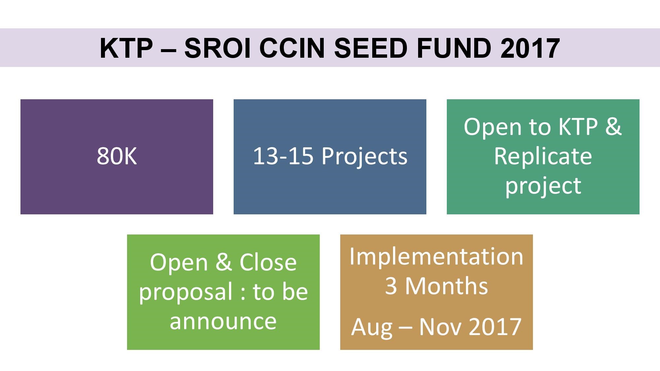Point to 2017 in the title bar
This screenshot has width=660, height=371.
pos(530,48)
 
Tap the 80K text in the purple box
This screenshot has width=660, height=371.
pos(117,156)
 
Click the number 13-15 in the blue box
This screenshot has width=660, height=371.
pos(283,156)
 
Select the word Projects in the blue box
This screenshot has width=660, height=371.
pos(364,156)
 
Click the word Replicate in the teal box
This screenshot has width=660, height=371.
pos(543,156)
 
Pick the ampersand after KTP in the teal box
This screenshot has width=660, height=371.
pos(613,127)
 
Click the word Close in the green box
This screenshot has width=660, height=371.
pos(268,263)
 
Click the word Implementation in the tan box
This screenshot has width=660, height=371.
pos(436,257)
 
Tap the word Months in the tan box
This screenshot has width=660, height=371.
pos(446,286)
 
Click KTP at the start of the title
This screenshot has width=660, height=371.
pos(126,48)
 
